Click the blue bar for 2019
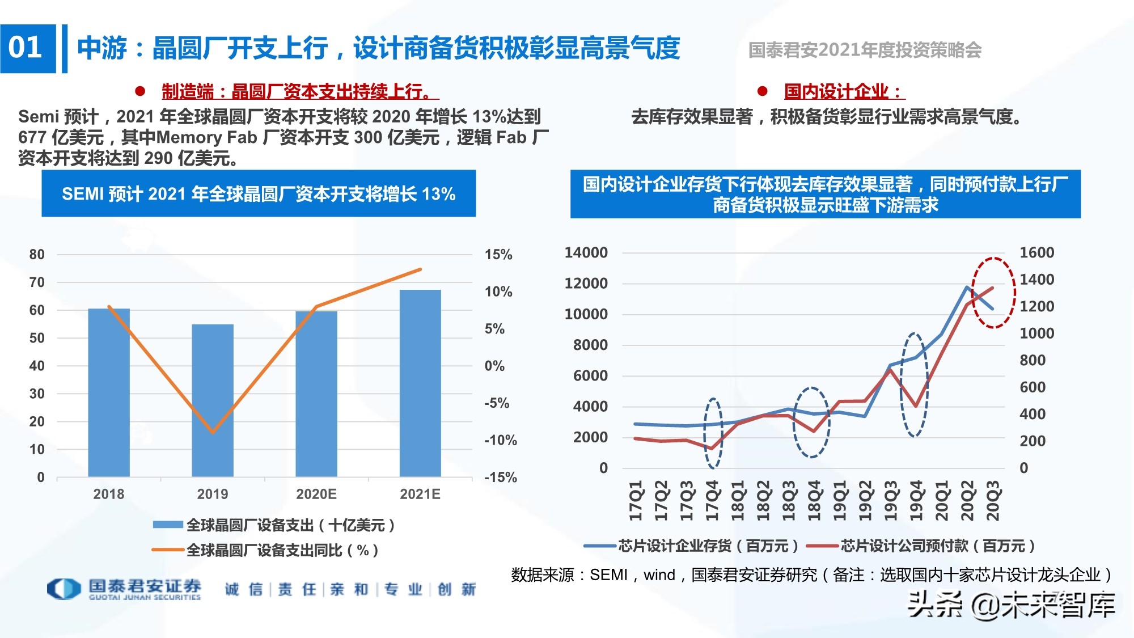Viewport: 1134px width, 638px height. coord(213,400)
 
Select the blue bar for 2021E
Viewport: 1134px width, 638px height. coord(420,383)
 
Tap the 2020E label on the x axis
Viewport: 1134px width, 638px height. coord(316,494)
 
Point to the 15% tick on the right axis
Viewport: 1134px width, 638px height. coord(498,255)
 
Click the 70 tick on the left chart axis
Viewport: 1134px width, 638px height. coord(37,282)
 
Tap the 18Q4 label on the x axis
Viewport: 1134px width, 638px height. coord(814,500)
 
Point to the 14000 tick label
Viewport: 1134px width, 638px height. coord(586,253)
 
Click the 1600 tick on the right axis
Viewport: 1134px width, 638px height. coord(1036,253)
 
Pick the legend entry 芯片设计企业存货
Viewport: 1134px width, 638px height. coord(692,546)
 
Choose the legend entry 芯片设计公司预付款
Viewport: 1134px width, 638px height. coord(921,546)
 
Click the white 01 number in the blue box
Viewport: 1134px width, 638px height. coord(26,48)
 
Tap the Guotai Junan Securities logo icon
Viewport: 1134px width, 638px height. coord(64,589)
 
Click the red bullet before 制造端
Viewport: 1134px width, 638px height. coord(140,91)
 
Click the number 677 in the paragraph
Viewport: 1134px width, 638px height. coord(32,137)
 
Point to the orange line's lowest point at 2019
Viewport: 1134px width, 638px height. coord(213,432)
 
